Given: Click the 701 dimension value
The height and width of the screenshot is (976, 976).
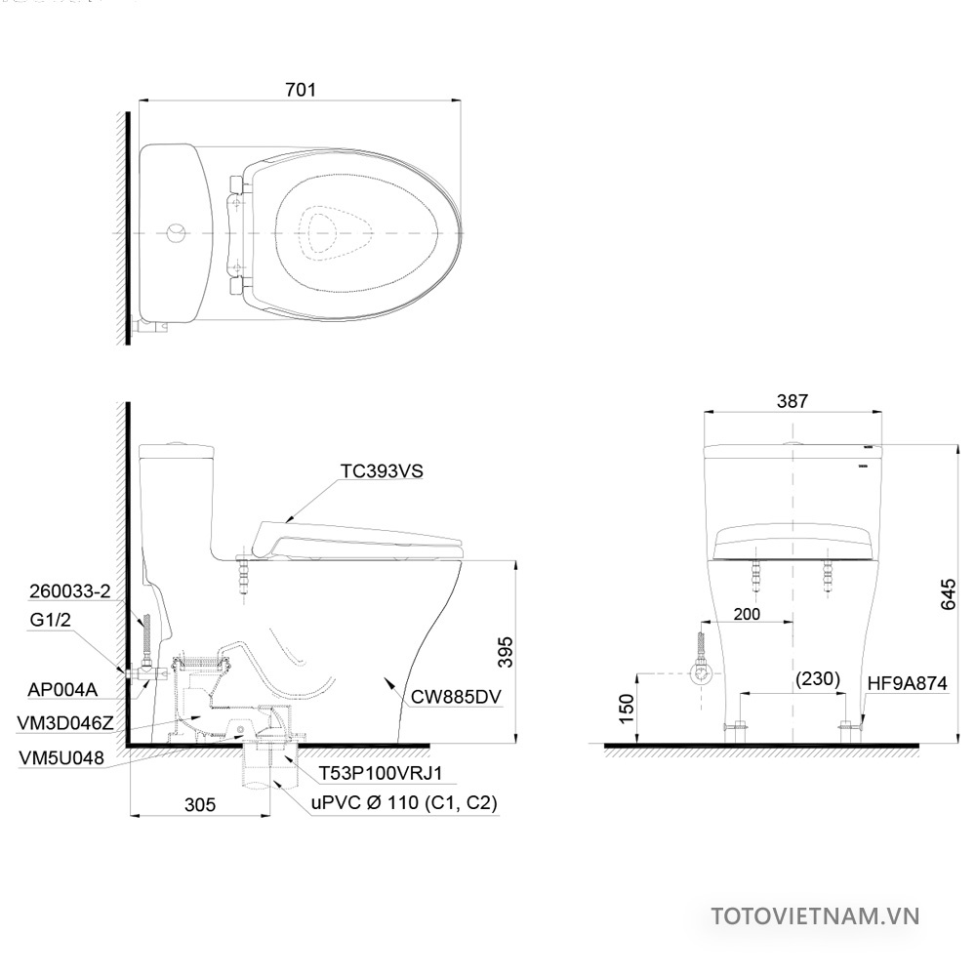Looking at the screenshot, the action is point(301,90).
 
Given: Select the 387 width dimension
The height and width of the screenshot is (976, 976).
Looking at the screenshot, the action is point(793,401).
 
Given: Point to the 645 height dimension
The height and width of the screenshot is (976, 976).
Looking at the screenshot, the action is point(948,594).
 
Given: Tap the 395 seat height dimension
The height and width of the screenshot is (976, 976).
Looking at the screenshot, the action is point(506,652).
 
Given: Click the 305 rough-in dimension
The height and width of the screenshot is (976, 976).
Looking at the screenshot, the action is point(200,804).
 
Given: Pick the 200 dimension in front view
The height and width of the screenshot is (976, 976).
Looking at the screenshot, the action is point(747,614).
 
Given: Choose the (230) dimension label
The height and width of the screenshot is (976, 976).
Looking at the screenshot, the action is point(817,678).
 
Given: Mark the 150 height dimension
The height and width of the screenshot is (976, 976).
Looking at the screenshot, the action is point(627,709).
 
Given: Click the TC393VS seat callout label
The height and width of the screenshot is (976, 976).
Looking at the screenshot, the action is point(382,471).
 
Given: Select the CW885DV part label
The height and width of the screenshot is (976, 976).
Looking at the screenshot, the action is point(456,697).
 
